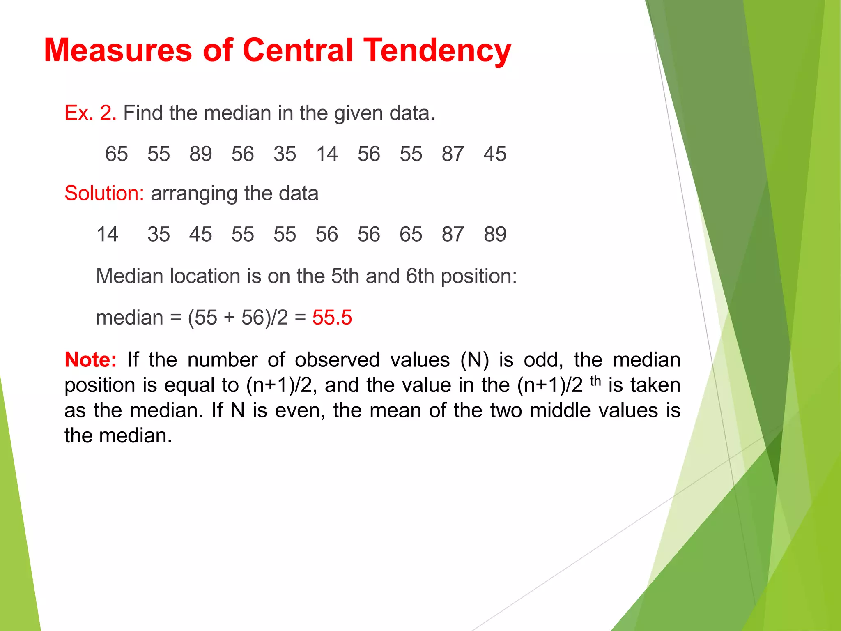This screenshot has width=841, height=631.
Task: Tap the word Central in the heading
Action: tap(298, 51)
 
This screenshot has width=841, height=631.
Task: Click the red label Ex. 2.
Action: tap(90, 113)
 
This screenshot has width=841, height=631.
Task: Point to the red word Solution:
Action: tap(104, 193)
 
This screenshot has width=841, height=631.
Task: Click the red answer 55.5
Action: tap(332, 318)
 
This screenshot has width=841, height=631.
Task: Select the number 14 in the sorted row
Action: tap(107, 235)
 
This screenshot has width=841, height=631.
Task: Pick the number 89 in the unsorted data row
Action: tap(200, 154)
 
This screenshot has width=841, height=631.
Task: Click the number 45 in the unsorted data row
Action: tap(495, 154)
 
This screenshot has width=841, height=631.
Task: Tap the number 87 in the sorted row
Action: tap(453, 235)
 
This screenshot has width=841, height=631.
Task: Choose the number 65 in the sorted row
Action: tap(411, 235)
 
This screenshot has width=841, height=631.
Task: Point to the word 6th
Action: tap(420, 276)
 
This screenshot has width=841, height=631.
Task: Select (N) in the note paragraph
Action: tap(474, 360)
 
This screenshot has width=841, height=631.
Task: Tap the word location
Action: tap(205, 276)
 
